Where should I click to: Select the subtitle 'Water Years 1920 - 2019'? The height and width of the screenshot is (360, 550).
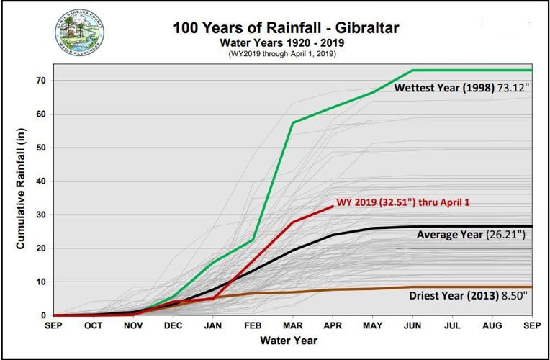point(278,42)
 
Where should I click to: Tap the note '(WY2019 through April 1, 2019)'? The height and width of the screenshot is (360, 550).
point(278,54)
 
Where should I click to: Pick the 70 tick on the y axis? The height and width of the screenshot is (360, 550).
point(42,81)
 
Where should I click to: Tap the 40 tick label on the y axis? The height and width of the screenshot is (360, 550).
point(42,181)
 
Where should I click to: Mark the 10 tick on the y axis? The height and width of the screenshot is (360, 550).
point(42,282)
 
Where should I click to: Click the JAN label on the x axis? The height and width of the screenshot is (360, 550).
point(214,326)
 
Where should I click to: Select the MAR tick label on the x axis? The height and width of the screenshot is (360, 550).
point(293,326)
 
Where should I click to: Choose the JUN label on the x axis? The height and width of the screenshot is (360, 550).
point(412,326)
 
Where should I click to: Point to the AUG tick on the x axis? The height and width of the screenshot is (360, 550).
point(492,326)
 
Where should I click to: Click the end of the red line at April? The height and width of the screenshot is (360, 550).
point(333,207)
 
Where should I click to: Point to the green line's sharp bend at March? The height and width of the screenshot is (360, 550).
point(293,122)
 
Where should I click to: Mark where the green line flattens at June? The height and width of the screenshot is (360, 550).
point(412,71)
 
